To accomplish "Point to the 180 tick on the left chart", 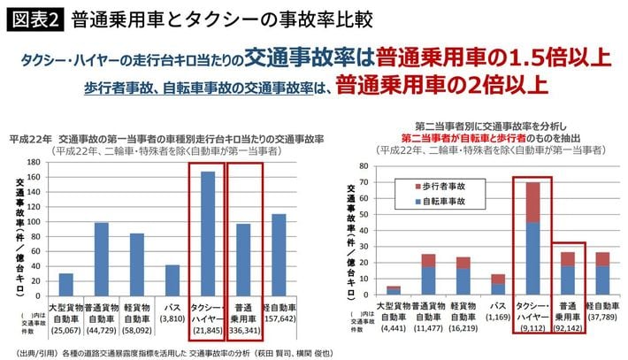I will (34, 163).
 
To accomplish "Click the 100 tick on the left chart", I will (34, 222).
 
